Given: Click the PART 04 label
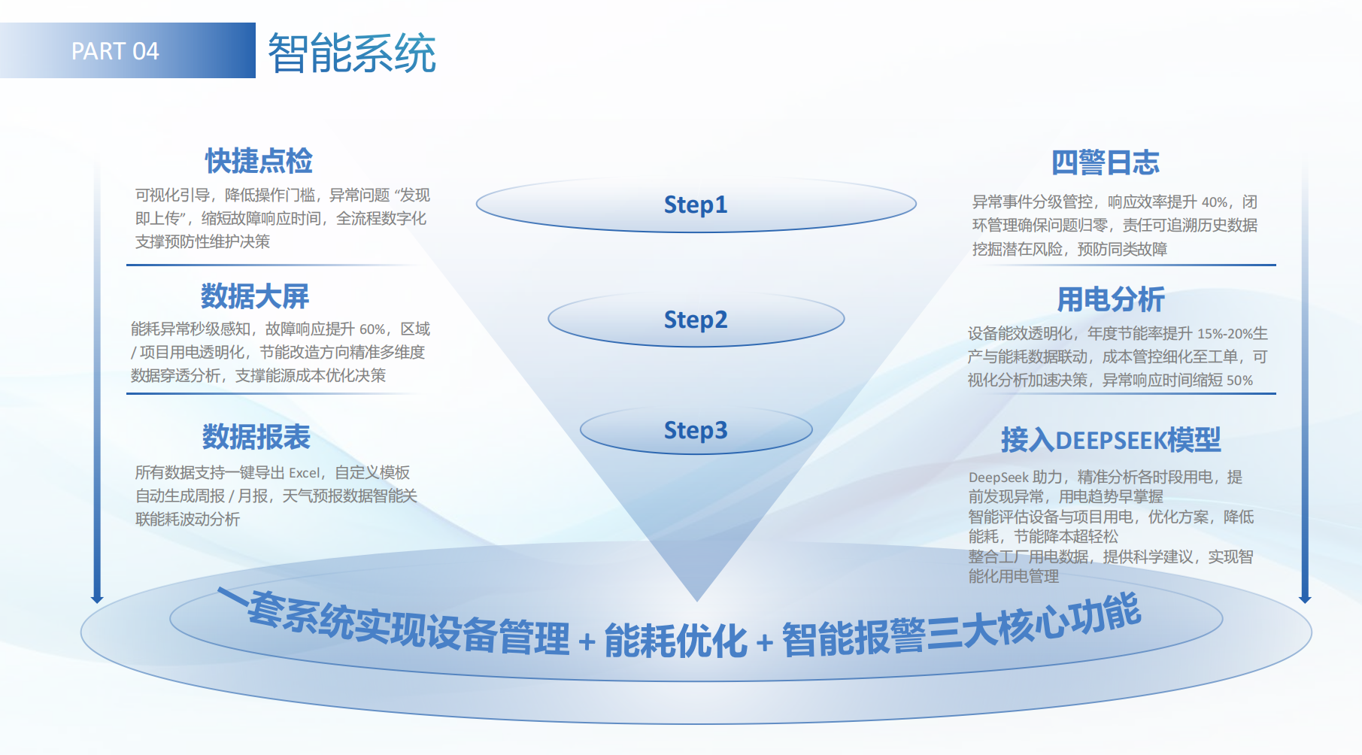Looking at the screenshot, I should pos(115,51).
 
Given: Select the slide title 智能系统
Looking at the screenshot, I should pos(352,53).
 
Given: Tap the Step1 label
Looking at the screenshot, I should pos(696,205).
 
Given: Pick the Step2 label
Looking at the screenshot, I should pos(696,320).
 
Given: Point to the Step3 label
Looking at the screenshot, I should pos(696,430).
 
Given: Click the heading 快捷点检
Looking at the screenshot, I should pos(259,161).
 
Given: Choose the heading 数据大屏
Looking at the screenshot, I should pos(255,296).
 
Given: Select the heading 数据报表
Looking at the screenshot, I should pos(256,437).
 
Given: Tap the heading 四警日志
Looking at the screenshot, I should pos(1105,162).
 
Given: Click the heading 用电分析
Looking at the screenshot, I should pos(1111,299).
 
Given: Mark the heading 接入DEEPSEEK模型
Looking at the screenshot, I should pos(1110,440).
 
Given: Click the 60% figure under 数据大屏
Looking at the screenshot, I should pos(372,329).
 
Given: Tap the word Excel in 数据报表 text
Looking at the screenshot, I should pos(304,473).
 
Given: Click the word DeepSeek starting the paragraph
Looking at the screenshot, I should pos(998,478).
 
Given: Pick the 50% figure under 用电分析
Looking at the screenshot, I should pos(1239,381).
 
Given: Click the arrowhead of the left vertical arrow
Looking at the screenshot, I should pos(97,599).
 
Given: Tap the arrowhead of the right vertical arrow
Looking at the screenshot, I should pos(1305,599).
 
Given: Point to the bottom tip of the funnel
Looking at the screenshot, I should pos(697,599).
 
